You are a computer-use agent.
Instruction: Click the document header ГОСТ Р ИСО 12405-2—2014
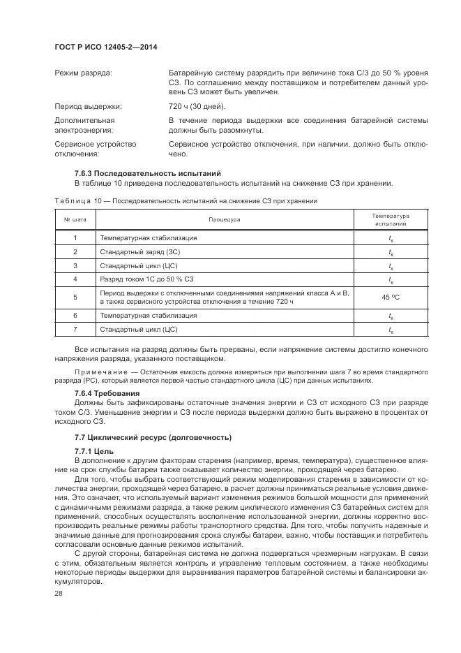pos(105,46)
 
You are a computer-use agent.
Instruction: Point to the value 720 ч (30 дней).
pos(197,106)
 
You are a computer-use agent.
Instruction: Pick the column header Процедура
pos(223,220)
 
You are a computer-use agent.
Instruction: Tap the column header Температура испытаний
pos(391,220)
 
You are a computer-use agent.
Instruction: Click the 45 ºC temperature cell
pos(391,297)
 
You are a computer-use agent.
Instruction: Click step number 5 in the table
pos(75,297)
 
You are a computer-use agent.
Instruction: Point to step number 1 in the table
pos(75,237)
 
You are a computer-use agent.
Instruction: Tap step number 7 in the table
pos(75,329)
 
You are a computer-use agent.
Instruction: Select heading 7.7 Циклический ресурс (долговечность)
pos(152,437)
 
